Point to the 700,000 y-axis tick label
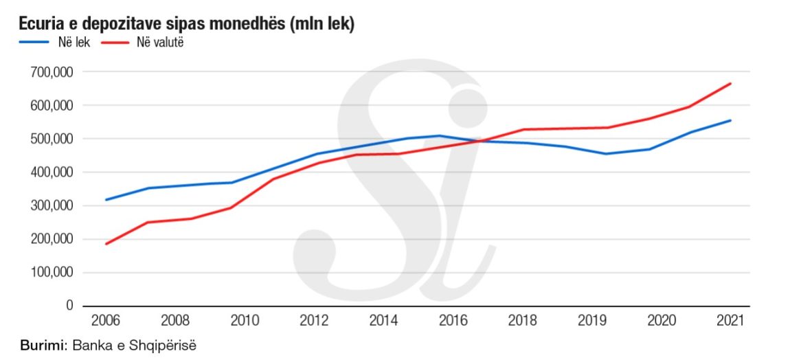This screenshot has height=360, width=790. [53, 72]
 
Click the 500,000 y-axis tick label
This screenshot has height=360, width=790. [53, 139]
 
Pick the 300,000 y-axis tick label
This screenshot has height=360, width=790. [53, 206]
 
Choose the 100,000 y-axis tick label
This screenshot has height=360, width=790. [53, 273]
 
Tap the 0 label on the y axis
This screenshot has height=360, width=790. [69, 306]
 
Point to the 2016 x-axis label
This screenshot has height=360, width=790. [453, 321]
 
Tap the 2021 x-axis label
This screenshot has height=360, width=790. [729, 321]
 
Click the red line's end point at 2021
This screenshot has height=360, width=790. [730, 84]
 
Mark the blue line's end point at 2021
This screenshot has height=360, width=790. [730, 120]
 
